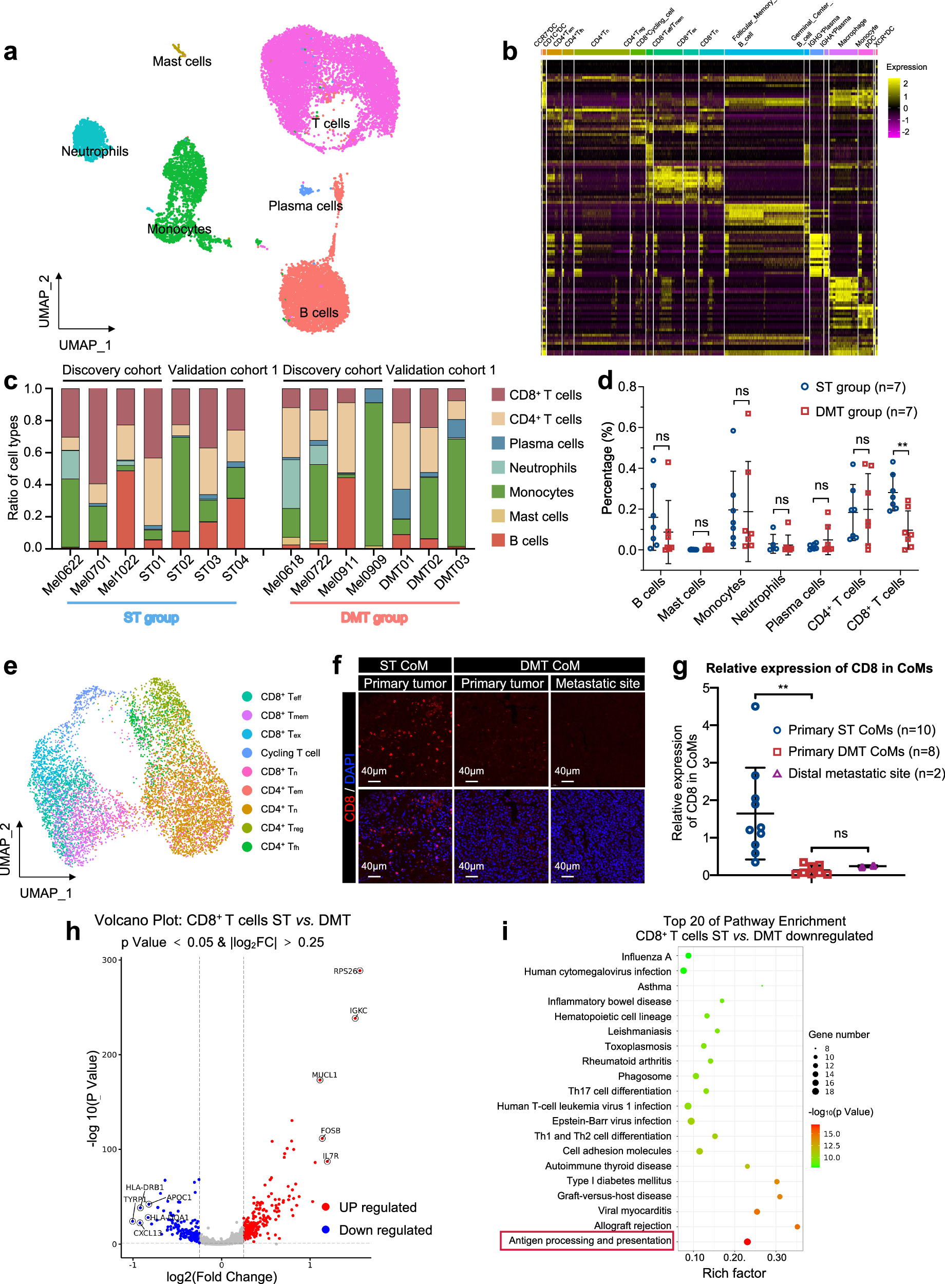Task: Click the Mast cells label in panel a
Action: pyautogui.click(x=181, y=61)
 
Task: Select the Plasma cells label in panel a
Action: pyautogui.click(x=306, y=206)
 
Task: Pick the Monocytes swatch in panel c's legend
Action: pyautogui.click(x=498, y=492)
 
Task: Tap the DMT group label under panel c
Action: pyautogui.click(x=374, y=618)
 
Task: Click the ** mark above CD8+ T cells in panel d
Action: pyautogui.click(x=902, y=445)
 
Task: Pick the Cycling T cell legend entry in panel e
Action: pyautogui.click(x=290, y=752)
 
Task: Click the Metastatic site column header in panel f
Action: pyautogui.click(x=597, y=684)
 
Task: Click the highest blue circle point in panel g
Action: pyautogui.click(x=755, y=706)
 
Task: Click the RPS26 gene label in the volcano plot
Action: pyautogui.click(x=345, y=971)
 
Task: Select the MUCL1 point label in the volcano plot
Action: pyautogui.click(x=325, y=1074)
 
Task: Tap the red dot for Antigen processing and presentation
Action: pyautogui.click(x=747, y=1242)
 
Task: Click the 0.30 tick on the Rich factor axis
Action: pyautogui.click(x=776, y=1258)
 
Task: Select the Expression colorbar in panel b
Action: pyautogui.click(x=893, y=107)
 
